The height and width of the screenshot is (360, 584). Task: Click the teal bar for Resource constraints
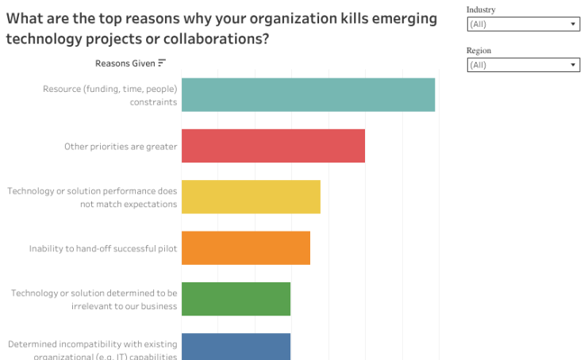coord(308,94)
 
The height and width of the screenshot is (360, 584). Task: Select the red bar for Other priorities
coord(273,146)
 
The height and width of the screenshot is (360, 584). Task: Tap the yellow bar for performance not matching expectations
coord(251,197)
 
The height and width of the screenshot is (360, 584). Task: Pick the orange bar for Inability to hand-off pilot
coord(246,247)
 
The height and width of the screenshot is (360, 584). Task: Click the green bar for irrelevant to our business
coord(236,299)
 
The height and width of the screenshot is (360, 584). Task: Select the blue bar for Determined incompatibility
coord(236,347)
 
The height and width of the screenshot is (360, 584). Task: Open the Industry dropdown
coord(522,25)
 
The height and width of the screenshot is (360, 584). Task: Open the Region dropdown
coord(522,65)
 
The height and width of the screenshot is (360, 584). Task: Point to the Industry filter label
coord(482,10)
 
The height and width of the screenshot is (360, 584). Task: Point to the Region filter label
coord(478,51)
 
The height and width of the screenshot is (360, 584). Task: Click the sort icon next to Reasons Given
coord(162,63)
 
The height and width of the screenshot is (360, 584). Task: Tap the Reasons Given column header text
coord(125,63)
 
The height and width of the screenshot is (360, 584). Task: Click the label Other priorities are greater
coord(121,147)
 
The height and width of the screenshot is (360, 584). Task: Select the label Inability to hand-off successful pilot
coord(103,248)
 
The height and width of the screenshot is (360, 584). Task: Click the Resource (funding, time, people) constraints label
coord(109,95)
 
